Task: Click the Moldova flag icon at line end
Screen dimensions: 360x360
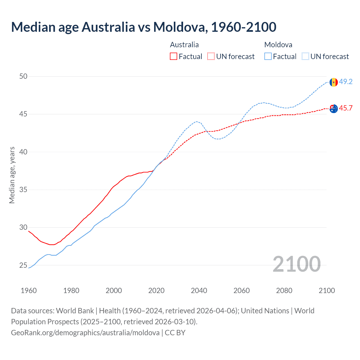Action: [x=334, y=82]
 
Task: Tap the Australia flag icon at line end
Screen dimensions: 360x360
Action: [x=334, y=109]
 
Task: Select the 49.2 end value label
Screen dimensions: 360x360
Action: [x=346, y=82]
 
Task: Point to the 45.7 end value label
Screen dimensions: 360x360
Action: [x=346, y=108]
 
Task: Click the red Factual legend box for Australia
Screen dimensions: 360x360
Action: [x=174, y=57]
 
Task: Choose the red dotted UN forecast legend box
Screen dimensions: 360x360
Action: [x=211, y=57]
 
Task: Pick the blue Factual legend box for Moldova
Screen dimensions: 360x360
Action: [x=268, y=57]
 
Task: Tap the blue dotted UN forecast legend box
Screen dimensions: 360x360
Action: [x=305, y=57]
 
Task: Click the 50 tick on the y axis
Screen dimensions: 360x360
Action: [x=23, y=76]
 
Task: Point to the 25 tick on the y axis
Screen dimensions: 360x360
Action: [x=23, y=265]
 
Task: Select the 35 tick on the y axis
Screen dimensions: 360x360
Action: [x=23, y=190]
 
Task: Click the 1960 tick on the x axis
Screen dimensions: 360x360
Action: [x=29, y=291]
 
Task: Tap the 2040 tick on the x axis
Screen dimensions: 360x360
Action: [x=199, y=291]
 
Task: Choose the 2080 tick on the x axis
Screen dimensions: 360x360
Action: [x=284, y=291]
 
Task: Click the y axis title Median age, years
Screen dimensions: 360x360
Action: [x=12, y=175]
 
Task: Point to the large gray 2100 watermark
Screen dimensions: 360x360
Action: [x=296, y=264]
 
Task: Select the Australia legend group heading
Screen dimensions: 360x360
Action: [x=184, y=45]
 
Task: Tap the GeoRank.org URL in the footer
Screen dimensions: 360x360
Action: [x=85, y=333]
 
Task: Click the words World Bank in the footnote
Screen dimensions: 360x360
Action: [x=75, y=311]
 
